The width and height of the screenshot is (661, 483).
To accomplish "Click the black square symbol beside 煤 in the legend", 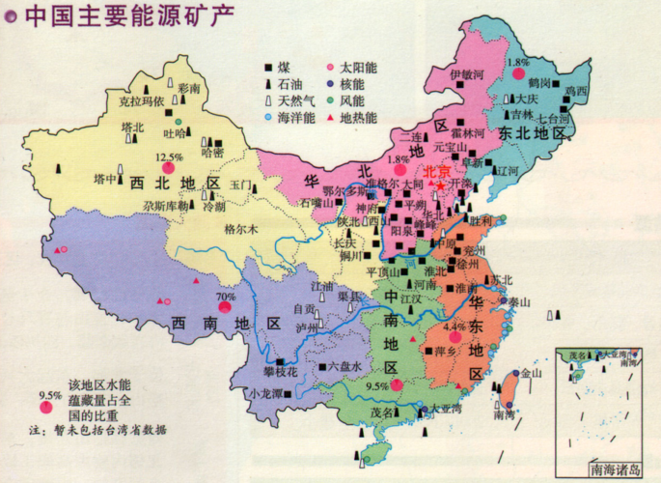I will coord(268,68).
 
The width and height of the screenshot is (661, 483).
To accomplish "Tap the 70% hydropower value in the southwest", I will coord(226,297).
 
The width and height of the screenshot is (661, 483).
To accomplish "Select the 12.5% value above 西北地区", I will coord(169,157).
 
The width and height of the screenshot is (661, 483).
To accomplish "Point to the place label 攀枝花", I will coord(281,371).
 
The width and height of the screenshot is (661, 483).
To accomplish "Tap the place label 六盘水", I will coord(344,366).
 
